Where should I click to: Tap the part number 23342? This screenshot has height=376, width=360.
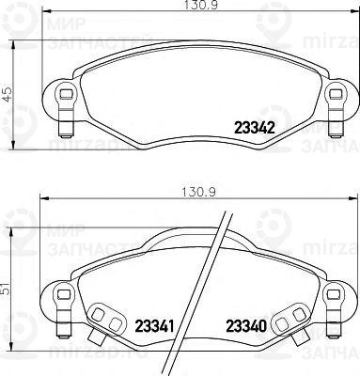253,131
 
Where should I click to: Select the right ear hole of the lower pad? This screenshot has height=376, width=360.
335,299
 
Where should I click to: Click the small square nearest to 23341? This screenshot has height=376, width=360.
116,324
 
